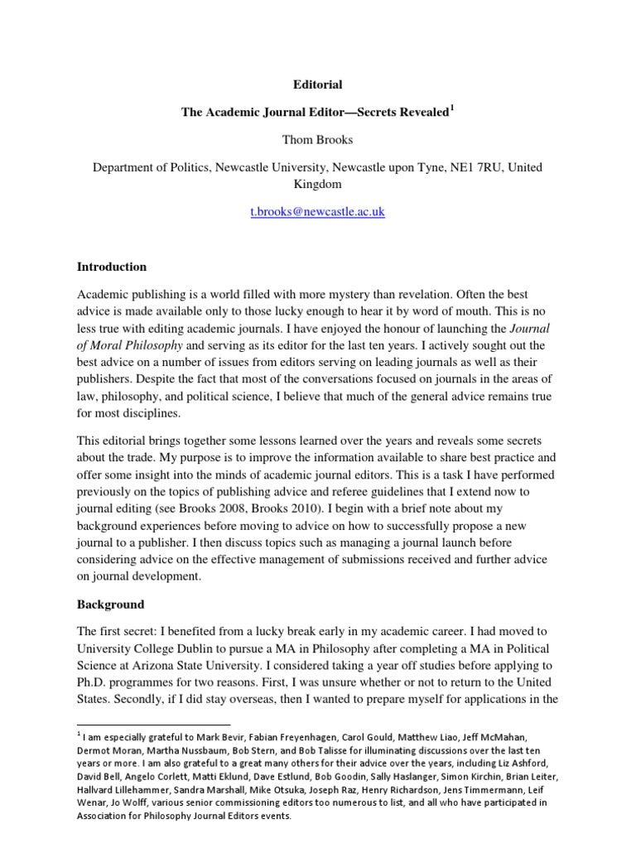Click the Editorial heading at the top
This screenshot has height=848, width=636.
click(x=318, y=84)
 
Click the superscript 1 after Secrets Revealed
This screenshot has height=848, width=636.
click(x=451, y=108)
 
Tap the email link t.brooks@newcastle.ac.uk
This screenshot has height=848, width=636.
click(x=318, y=212)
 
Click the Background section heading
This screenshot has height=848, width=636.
click(x=110, y=605)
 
